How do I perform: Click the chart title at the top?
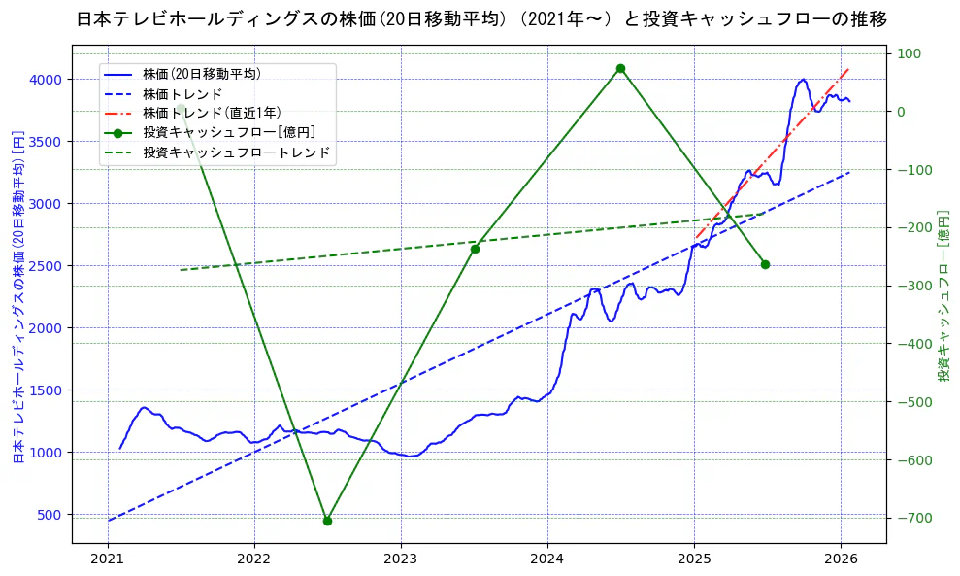pos(480,18)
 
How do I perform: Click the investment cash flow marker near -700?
pos(327,521)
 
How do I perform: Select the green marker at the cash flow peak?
pos(620,68)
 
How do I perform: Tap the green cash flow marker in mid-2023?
pos(475,249)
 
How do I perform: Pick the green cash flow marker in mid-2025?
pos(765,264)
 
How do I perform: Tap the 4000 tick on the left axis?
pos(45,80)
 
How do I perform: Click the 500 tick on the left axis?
pos(49,515)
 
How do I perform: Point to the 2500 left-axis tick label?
pos(45,266)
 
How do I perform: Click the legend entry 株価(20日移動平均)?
pos(201,74)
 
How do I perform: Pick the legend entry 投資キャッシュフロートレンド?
pos(236,152)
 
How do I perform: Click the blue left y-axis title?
pos(17,296)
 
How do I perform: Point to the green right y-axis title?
pos(943,296)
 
